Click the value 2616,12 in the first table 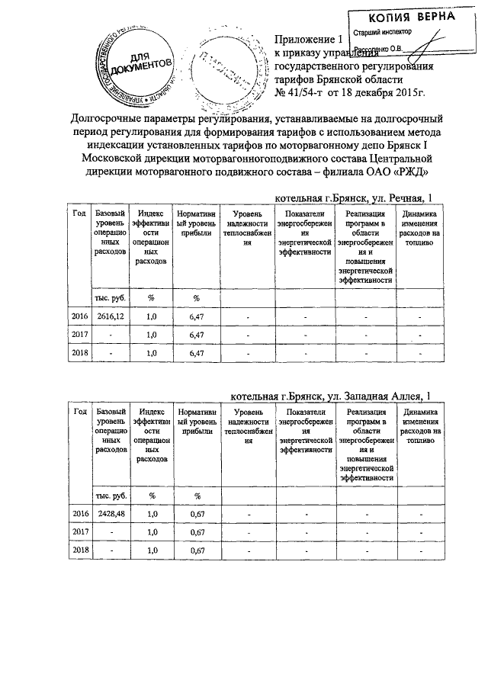coord(109,314)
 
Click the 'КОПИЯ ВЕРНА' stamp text coord(401,17)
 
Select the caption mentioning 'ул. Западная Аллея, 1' coord(330,396)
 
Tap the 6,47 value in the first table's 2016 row coord(195,314)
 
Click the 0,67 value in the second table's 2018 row coord(196,550)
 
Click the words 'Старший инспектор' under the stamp coord(380,34)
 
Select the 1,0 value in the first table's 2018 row coord(151,353)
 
